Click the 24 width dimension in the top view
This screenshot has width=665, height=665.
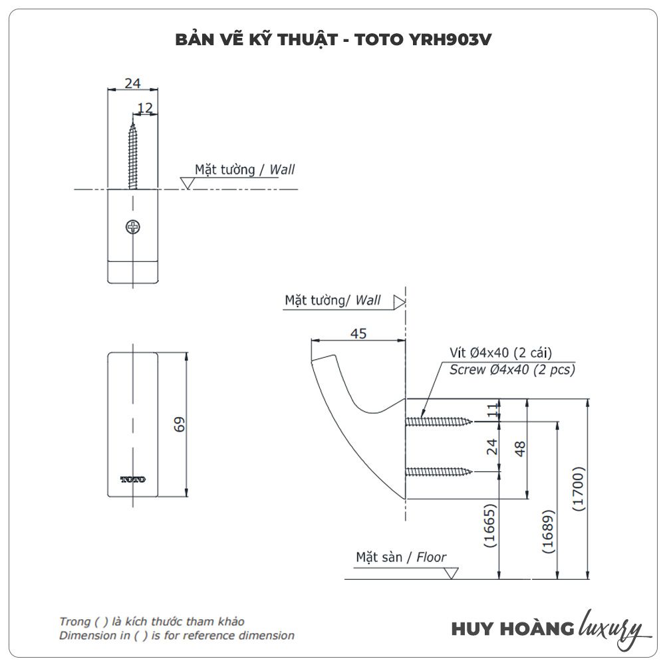point(133,83)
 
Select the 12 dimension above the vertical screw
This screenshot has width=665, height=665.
point(145,108)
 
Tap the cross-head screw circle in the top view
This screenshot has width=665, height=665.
point(133,227)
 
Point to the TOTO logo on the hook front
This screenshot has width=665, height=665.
point(132,479)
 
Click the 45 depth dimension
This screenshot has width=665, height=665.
point(358,334)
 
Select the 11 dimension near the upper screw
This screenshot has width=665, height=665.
point(493,410)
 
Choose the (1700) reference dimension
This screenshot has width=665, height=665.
point(579,489)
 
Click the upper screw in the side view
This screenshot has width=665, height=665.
point(439,421)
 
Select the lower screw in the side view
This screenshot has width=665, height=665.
point(439,472)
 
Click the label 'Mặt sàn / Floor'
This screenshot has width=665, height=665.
point(401,557)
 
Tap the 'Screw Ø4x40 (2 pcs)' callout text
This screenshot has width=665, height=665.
point(512,370)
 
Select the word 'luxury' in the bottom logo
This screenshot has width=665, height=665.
point(610,628)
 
